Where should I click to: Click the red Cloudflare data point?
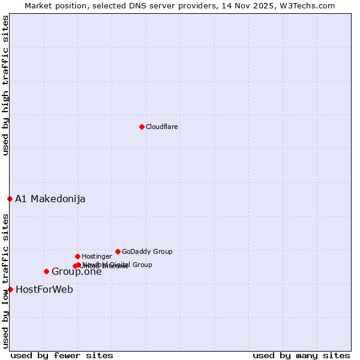[142, 127]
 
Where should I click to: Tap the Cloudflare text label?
[162, 127]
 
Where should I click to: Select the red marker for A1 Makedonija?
[10, 199]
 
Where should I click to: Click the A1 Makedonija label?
[50, 199]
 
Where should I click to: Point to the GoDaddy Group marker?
[118, 251]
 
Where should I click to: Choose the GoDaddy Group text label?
[147, 252]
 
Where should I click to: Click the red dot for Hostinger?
[77, 256]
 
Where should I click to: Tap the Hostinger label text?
[97, 257]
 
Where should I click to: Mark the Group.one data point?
[46, 271]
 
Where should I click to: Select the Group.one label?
[77, 272]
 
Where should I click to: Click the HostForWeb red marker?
[10, 289]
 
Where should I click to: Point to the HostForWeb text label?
[44, 290]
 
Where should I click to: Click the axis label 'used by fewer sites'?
[62, 355]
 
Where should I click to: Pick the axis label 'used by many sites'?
[301, 355]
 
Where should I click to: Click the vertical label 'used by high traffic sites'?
[6, 85]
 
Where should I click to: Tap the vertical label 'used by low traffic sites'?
[6, 281]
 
